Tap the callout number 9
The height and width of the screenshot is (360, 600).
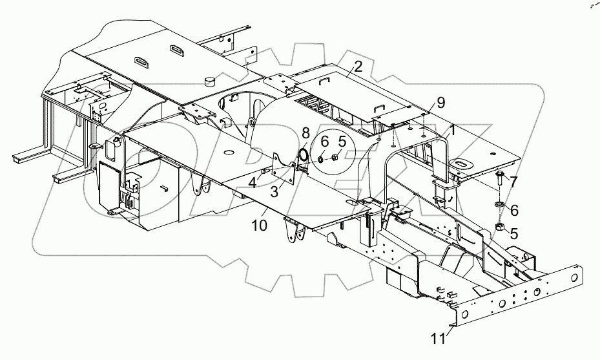[440, 102]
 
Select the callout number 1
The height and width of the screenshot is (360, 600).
[453, 129]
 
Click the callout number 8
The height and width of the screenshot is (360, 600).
[305, 134]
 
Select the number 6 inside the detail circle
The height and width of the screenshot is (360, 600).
[324, 140]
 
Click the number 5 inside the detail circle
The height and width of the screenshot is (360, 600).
[342, 140]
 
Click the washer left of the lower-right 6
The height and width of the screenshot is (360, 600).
[499, 206]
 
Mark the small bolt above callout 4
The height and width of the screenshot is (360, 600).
[265, 171]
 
